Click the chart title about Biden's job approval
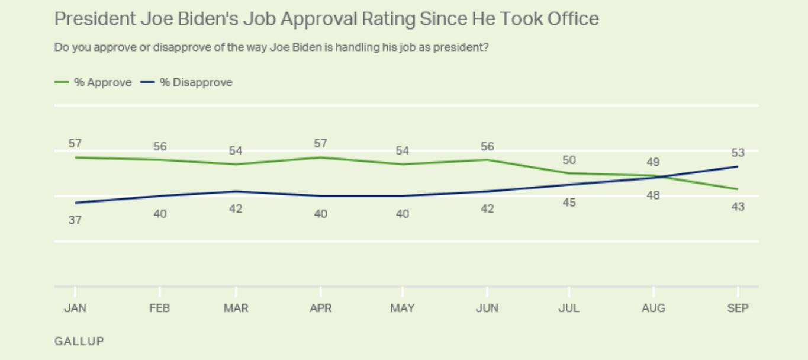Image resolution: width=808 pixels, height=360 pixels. pos(326,20)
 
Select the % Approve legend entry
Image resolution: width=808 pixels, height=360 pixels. pos(94,83)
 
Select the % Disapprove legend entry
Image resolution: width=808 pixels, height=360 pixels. pos(187,83)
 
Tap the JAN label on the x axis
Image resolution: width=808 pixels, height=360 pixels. pos(75,308)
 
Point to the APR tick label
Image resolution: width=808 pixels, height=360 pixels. pos(321,308)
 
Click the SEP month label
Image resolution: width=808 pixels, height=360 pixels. pos(738,308)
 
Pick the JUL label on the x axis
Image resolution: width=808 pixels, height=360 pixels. pos(569,308)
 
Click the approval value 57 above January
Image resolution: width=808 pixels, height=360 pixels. pos(75,144)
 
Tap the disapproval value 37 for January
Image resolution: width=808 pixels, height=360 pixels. pos(75,220)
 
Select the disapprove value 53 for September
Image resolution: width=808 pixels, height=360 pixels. pos(738,153)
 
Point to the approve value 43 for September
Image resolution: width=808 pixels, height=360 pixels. pos(738,207)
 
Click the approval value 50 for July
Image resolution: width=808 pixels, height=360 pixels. pos(569,160)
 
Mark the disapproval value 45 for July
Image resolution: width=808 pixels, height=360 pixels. pos(569,203)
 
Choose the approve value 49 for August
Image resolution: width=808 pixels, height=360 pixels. pos(654,162)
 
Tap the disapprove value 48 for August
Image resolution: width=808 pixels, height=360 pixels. pos(654,195)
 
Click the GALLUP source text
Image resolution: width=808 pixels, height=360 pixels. pos(79,342)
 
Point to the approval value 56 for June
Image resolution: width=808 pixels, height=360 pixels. pos(487,147)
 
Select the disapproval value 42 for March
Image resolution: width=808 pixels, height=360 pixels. pos(236,208)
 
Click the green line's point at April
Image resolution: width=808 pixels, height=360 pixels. pos(321,157)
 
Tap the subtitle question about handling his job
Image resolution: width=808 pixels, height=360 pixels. pos(272,47)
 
